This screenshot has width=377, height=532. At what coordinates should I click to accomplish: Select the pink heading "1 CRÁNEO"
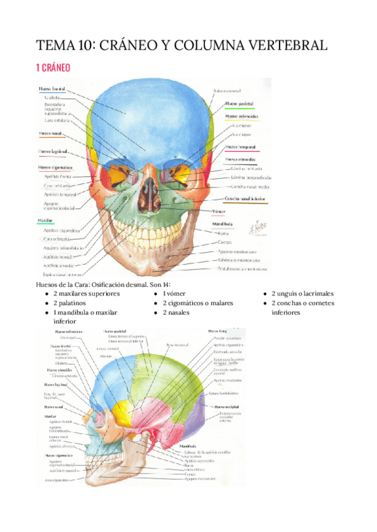click(x=53, y=67)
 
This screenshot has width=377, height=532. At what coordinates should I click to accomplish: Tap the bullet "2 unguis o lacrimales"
click(x=302, y=293)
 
